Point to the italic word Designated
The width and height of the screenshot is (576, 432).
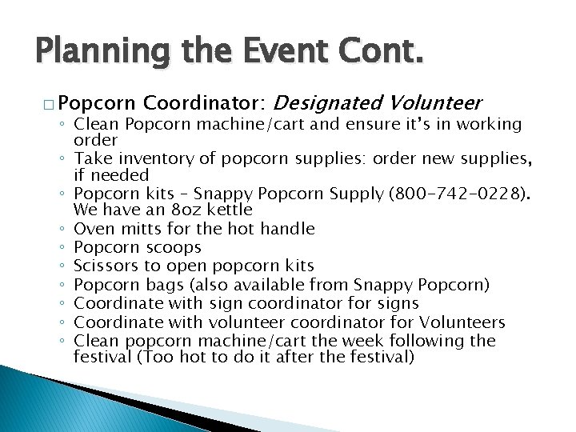click(330, 103)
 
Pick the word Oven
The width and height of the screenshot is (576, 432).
click(92, 229)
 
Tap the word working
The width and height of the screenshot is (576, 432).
click(493, 125)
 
